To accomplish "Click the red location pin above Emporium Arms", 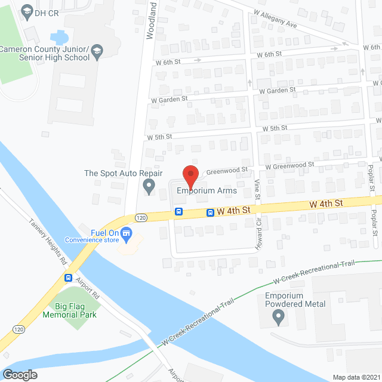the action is (190, 175).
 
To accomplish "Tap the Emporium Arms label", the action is (207, 192).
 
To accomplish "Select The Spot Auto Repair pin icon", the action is (149, 187).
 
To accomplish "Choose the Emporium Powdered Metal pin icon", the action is (278, 318).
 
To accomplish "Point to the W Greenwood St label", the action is (289, 165).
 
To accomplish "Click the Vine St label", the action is (257, 189).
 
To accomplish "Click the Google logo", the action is (19, 374).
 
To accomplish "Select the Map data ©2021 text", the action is (356, 377).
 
